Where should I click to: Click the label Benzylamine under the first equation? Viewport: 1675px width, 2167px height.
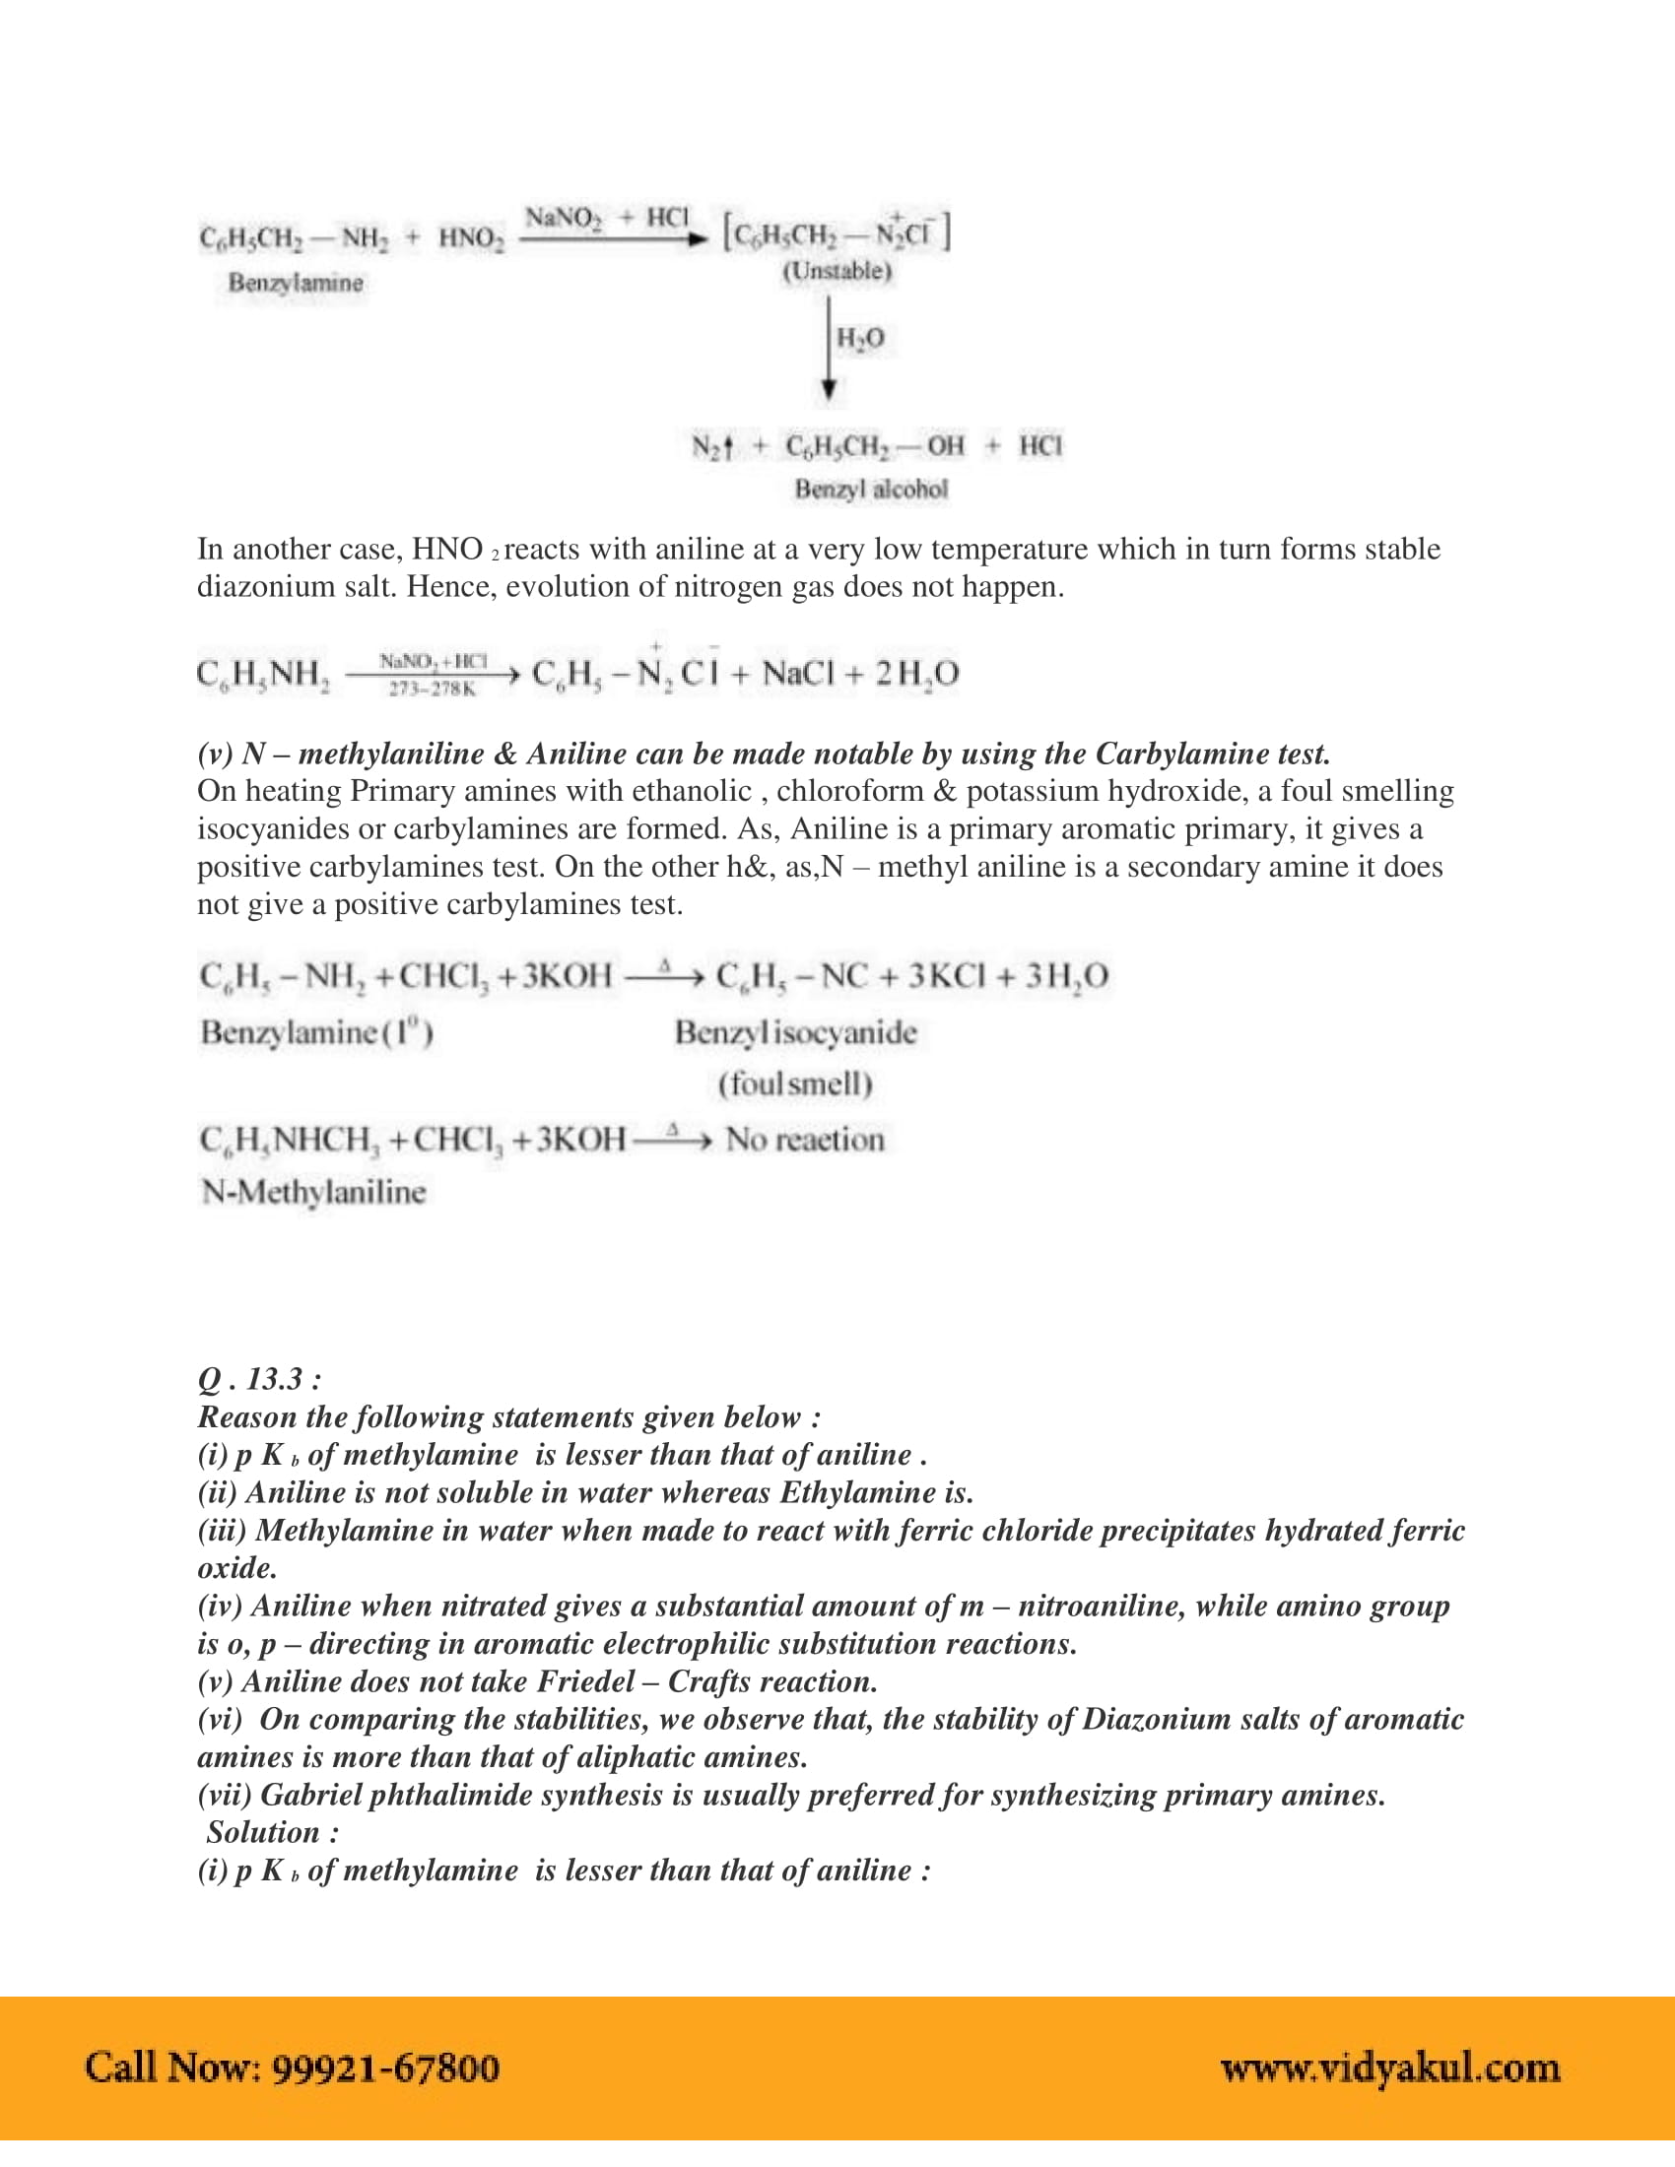pos(296,283)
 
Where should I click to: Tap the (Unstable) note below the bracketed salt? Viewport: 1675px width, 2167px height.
pos(837,271)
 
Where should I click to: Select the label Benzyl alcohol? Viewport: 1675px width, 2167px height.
pos(870,490)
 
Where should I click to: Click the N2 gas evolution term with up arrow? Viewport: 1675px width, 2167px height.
pos(711,446)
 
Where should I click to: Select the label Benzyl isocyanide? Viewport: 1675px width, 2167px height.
pos(795,1033)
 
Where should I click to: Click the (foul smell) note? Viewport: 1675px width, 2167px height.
pos(795,1083)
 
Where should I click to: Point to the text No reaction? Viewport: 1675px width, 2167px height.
pos(805,1139)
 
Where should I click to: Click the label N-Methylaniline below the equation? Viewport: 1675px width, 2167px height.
pos(312,1192)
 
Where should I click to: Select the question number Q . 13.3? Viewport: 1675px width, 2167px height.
pos(259,1379)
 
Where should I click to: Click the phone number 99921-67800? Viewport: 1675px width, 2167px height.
pos(385,2068)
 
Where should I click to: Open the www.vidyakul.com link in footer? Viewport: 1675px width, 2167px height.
pos(1389,2068)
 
